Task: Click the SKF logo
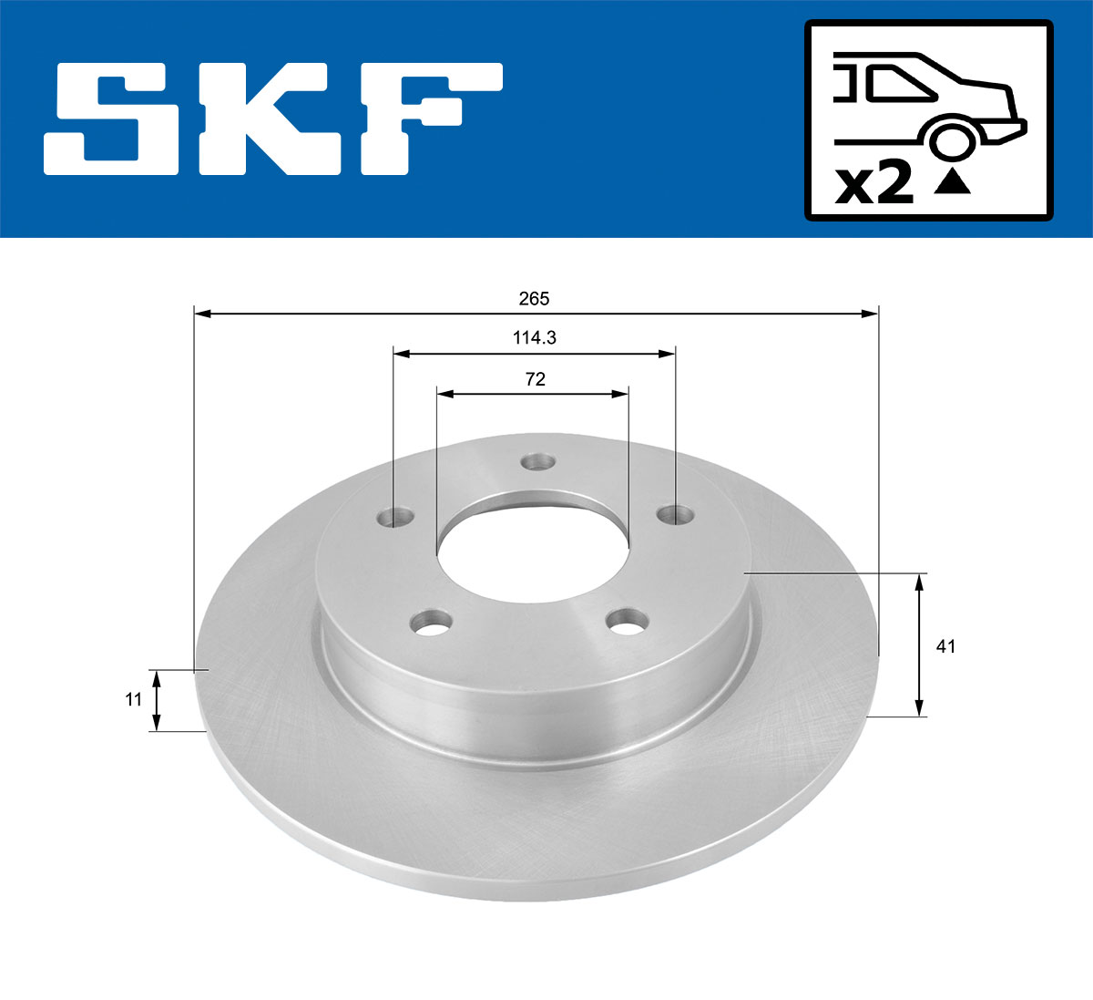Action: (x=273, y=119)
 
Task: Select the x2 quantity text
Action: (x=873, y=185)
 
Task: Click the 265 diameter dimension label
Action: (x=534, y=298)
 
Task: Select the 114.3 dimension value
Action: (x=534, y=337)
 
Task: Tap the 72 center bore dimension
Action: (x=535, y=379)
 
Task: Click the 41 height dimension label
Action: (x=945, y=646)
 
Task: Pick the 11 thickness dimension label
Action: (x=133, y=699)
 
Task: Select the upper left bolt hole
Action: (x=395, y=518)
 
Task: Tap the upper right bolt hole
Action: (x=676, y=515)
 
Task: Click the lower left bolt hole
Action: (x=432, y=624)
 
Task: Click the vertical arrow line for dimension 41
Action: (x=920, y=644)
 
